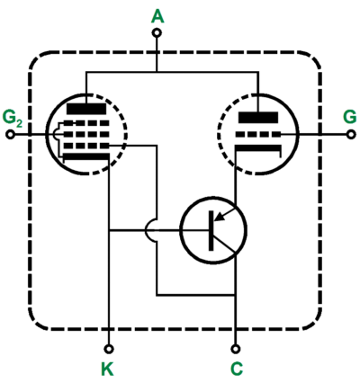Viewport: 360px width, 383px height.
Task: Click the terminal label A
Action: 157,16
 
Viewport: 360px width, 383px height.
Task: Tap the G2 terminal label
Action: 12,118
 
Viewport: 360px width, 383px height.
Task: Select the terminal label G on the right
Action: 350,117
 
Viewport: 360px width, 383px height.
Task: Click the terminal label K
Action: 107,369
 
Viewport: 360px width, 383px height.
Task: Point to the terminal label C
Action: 237,369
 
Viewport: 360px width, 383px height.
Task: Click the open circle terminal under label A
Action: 157,32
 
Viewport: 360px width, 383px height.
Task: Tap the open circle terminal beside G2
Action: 10,135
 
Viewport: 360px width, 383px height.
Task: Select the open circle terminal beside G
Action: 351,135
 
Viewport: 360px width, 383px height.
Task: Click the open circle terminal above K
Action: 109,349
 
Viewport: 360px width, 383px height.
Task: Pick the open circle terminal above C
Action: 236,349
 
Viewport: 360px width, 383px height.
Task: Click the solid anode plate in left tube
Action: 86,109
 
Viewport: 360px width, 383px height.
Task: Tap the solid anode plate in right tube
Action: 258,117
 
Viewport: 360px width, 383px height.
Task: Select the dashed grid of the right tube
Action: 258,135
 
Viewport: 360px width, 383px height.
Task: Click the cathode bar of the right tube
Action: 258,147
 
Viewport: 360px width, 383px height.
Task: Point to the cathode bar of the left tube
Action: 86,156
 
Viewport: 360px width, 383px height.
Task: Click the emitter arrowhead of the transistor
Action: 220,217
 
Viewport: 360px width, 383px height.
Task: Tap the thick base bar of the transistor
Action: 211,230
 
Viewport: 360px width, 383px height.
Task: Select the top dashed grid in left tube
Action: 86,123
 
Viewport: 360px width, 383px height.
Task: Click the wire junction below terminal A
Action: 157,72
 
